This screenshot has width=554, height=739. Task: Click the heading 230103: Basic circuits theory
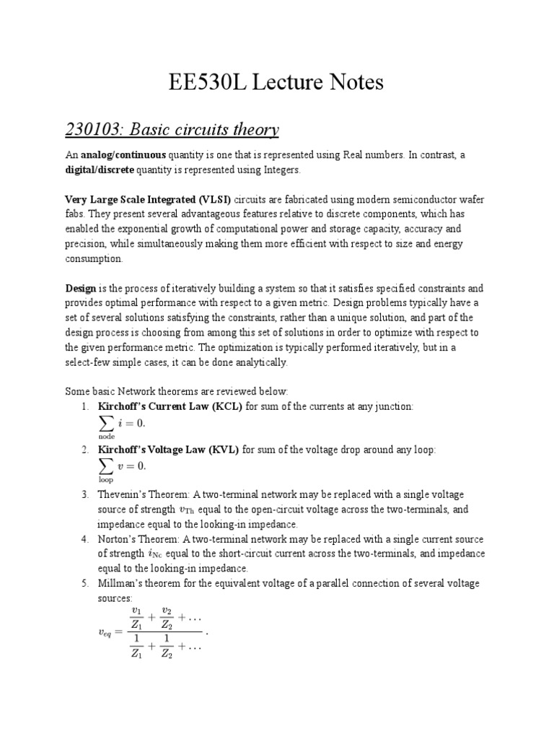tap(172, 130)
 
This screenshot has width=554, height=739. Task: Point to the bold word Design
tap(81, 287)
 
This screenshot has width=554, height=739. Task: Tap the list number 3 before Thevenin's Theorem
tap(84, 494)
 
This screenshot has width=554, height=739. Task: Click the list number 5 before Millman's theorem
tap(84, 583)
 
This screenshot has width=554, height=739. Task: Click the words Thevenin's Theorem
tap(139, 494)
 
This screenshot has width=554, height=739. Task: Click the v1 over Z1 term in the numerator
tap(136, 618)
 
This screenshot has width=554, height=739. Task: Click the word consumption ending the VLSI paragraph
tap(94, 258)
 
